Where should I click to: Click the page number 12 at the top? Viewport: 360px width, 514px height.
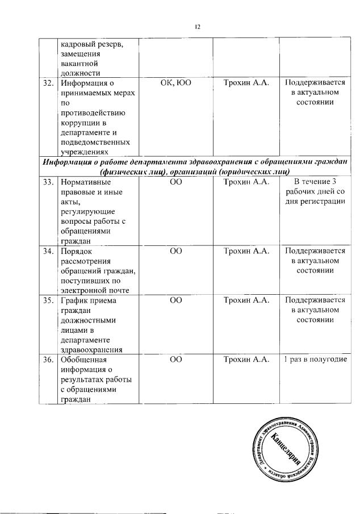coord(198,27)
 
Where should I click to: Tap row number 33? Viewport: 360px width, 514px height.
coord(49,182)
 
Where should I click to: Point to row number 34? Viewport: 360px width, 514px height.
coord(49,250)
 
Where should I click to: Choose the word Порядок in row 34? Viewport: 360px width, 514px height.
coord(76,250)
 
